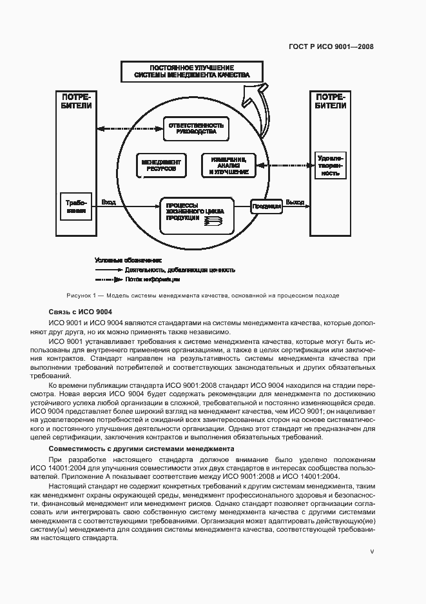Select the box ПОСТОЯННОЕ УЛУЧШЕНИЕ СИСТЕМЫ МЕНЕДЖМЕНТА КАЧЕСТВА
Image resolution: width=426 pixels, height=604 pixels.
(x=191, y=72)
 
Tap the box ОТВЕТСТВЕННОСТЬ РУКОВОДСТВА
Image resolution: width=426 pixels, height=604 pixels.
(x=195, y=127)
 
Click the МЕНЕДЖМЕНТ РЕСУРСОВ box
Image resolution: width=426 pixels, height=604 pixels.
(x=161, y=166)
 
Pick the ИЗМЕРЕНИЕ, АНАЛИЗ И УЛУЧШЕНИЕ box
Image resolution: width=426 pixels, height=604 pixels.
(x=228, y=166)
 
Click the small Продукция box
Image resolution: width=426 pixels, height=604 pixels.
(x=266, y=206)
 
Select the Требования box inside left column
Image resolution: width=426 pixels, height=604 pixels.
(x=76, y=206)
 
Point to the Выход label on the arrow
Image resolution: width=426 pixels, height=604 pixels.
(x=295, y=203)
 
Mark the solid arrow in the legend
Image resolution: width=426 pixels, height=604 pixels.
(x=108, y=270)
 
